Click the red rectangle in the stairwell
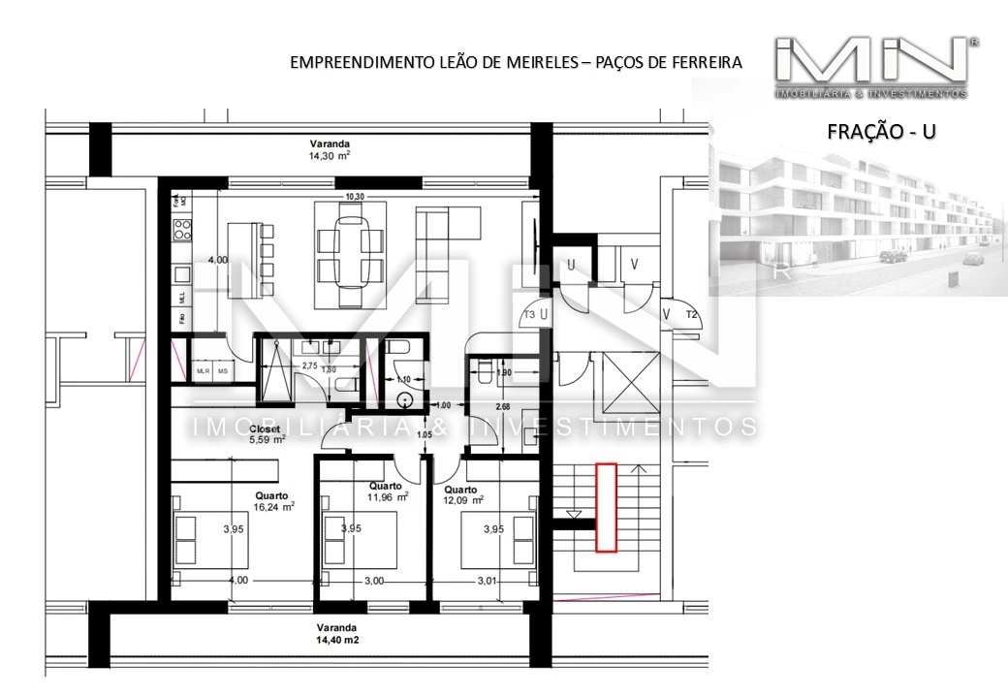(606, 508)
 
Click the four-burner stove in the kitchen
(181, 231)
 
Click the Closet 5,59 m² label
(268, 433)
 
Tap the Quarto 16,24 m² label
(273, 499)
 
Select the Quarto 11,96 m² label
(388, 492)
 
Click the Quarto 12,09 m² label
(462, 494)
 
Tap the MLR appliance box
(204, 371)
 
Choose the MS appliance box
(223, 371)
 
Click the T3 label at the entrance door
(530, 315)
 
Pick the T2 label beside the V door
(692, 315)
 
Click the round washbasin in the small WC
(405, 399)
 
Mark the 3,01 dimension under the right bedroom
(487, 580)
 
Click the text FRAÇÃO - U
(881, 132)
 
